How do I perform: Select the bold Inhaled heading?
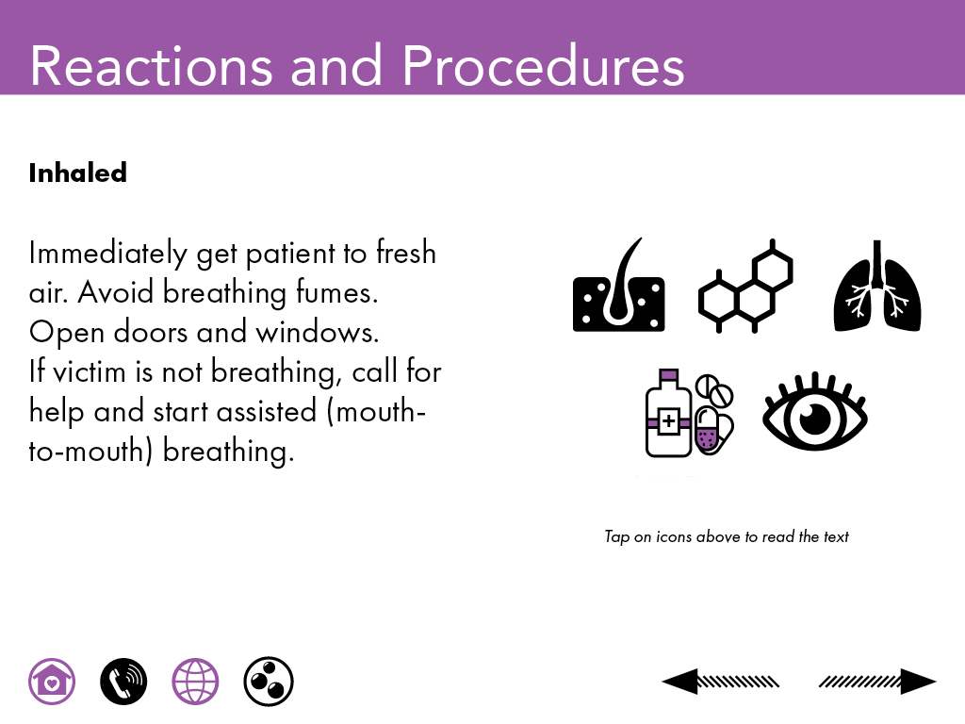coord(78,173)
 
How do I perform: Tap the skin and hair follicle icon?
coord(618,285)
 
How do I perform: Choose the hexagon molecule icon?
coord(745,287)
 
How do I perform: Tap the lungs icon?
coord(877,286)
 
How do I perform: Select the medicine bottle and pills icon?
coord(689,413)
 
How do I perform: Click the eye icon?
coord(815,411)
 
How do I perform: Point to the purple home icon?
coord(52,682)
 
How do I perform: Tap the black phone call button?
coord(123,682)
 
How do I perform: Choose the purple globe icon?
coord(195,682)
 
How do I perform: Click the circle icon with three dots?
coord(269,682)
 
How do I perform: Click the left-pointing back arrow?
coord(720,682)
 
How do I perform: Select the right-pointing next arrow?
coord(877,682)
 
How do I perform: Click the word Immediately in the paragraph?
coord(108,254)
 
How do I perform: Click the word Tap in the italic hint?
coord(617,536)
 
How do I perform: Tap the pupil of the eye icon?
coord(815,418)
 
